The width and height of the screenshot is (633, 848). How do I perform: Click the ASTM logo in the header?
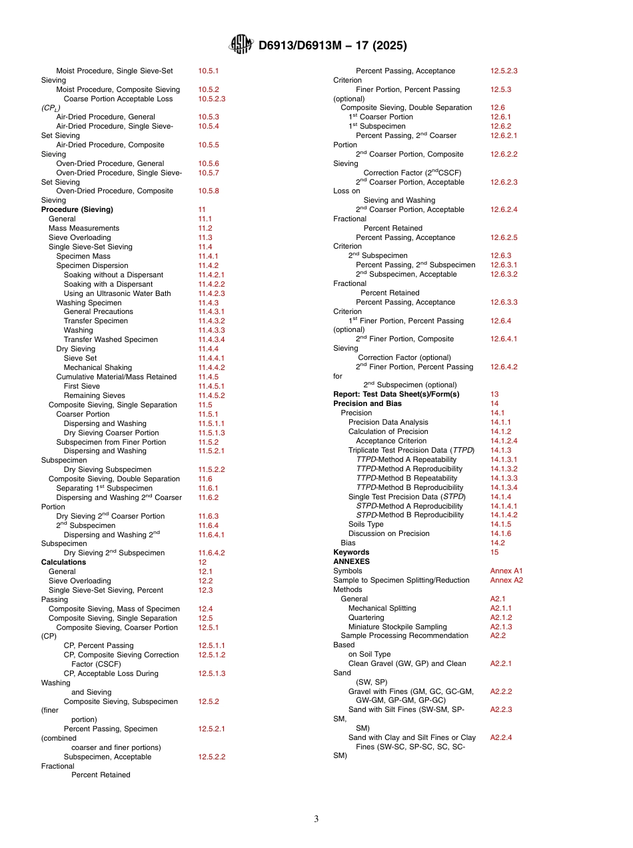click(241, 45)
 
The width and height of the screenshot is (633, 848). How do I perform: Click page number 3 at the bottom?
click(316, 819)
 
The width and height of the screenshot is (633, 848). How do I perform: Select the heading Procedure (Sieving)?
click(77, 209)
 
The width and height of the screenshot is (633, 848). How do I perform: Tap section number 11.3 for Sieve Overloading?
click(205, 237)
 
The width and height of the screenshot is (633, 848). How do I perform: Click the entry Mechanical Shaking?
click(97, 367)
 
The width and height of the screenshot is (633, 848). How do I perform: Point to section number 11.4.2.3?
click(212, 293)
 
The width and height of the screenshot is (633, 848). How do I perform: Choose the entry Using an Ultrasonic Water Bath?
click(117, 293)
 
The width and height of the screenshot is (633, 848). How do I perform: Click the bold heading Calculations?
click(64, 562)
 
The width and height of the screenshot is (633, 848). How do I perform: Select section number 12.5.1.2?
click(211, 655)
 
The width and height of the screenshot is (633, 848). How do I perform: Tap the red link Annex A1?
click(506, 571)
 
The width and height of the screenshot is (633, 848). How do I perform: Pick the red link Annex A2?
click(506, 580)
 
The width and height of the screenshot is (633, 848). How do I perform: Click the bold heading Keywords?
click(351, 552)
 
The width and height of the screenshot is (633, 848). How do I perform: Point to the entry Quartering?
click(366, 617)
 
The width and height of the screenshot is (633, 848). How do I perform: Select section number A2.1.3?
click(501, 627)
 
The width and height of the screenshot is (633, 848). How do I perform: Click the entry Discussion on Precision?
click(389, 533)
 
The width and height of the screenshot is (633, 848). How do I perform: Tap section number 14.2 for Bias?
click(497, 543)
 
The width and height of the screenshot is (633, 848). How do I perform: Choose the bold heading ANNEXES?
click(351, 561)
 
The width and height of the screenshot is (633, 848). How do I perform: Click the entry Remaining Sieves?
click(94, 395)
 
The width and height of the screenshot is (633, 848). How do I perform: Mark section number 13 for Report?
click(494, 394)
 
